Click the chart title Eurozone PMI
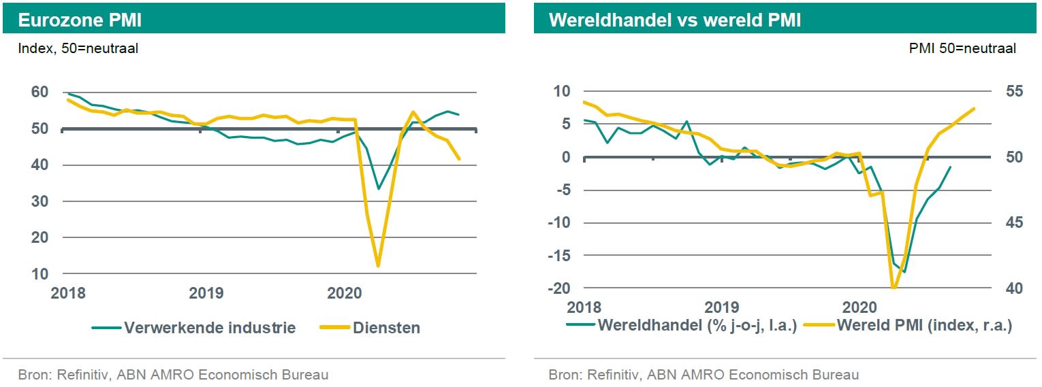pyautogui.click(x=80, y=20)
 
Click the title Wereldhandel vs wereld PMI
pyautogui.click(x=675, y=20)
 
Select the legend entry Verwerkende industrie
pyautogui.click(x=210, y=328)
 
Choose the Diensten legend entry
pyautogui.click(x=386, y=328)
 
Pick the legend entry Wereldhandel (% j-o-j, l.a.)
pyautogui.click(x=697, y=325)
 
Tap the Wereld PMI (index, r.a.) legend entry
pyautogui.click(x=923, y=325)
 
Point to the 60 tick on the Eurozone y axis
pyautogui.click(x=40, y=92)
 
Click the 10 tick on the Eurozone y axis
pyautogui.click(x=40, y=273)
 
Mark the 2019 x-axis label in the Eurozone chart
pyautogui.click(x=206, y=294)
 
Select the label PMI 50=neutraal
pyautogui.click(x=962, y=48)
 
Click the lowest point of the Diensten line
pyautogui.click(x=377, y=266)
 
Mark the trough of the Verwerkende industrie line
pyautogui.click(x=378, y=188)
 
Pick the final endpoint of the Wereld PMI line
pyautogui.click(x=974, y=108)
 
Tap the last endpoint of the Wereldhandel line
pyautogui.click(x=951, y=167)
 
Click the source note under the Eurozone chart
pyautogui.click(x=173, y=374)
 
